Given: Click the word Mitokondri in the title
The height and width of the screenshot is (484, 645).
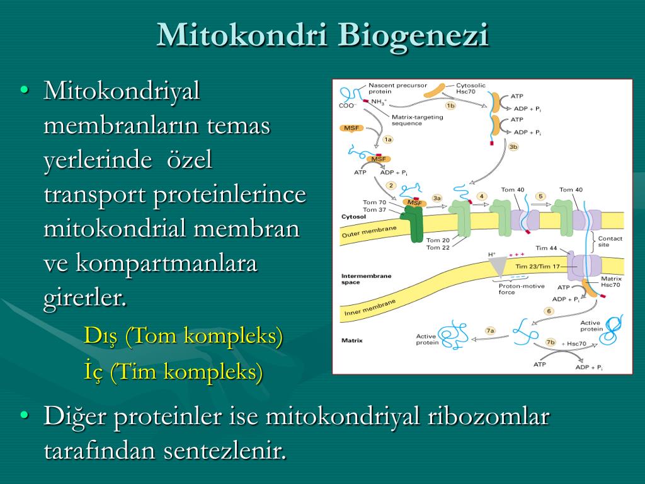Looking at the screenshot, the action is click(x=241, y=35).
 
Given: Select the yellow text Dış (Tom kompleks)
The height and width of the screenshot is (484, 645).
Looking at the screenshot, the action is click(x=183, y=336).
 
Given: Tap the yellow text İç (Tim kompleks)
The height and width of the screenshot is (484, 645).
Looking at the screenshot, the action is click(x=173, y=372).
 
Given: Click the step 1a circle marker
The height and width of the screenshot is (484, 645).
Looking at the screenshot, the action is click(x=387, y=139).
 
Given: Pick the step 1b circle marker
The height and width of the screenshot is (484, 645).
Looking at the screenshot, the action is click(x=450, y=106).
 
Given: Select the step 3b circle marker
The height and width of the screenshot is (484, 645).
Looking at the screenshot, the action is click(x=513, y=146).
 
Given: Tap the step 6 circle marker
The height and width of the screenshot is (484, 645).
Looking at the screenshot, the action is click(x=549, y=311).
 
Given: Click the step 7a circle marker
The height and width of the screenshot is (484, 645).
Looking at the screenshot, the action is click(x=490, y=330).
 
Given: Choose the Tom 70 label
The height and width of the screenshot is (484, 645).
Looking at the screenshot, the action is click(x=374, y=202).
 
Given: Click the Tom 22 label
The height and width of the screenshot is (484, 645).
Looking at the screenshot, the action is click(x=438, y=247).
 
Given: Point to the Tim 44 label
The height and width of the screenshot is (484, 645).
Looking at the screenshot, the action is click(x=546, y=248).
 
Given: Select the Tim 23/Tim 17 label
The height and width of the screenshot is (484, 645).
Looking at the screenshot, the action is click(x=538, y=267).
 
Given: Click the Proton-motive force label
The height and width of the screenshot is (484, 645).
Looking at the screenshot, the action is click(x=521, y=289).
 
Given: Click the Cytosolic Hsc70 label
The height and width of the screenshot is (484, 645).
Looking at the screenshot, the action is click(x=470, y=88).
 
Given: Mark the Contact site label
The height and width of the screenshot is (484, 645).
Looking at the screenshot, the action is click(x=610, y=241).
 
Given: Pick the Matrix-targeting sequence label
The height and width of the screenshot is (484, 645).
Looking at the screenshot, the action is click(x=417, y=120).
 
